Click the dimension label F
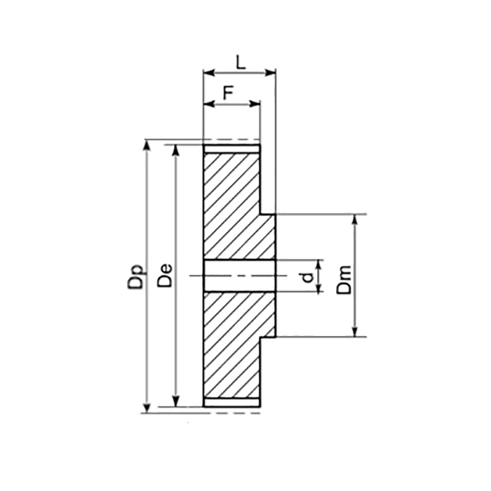coord(228,93)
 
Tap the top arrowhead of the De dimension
coord(175,149)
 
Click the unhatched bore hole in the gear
coord(238,276)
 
